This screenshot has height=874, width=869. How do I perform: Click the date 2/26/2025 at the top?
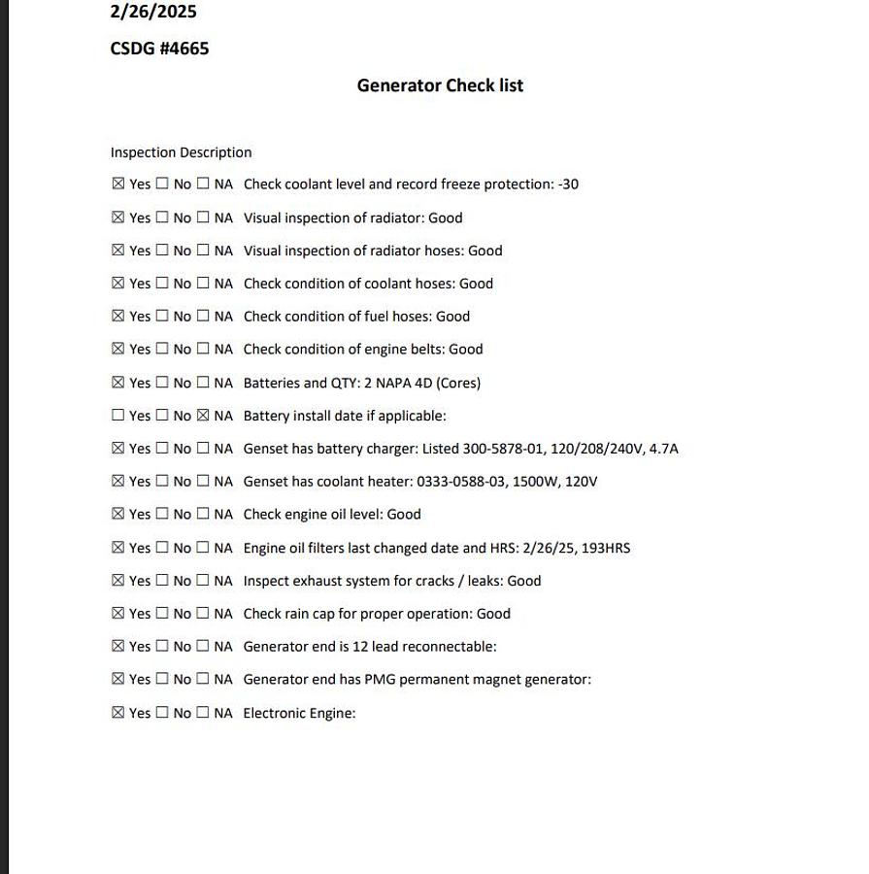pos(153,12)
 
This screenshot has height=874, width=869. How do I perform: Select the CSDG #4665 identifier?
pos(159,49)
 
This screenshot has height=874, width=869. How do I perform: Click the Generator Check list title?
pos(440,85)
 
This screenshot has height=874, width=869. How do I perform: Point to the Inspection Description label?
pos(181,152)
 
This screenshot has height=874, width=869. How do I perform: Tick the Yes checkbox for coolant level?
pos(118,184)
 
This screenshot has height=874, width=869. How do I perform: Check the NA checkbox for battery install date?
pos(203,416)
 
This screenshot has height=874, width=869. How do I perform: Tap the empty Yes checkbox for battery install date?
pos(118,416)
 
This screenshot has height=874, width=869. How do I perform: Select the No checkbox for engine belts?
pos(162,349)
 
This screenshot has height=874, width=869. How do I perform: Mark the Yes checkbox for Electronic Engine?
pos(118,713)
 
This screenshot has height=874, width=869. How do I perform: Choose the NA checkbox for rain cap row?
pos(203,614)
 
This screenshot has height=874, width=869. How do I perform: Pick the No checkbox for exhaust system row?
pos(162,581)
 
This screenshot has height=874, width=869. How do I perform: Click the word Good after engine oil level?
pos(404,515)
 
